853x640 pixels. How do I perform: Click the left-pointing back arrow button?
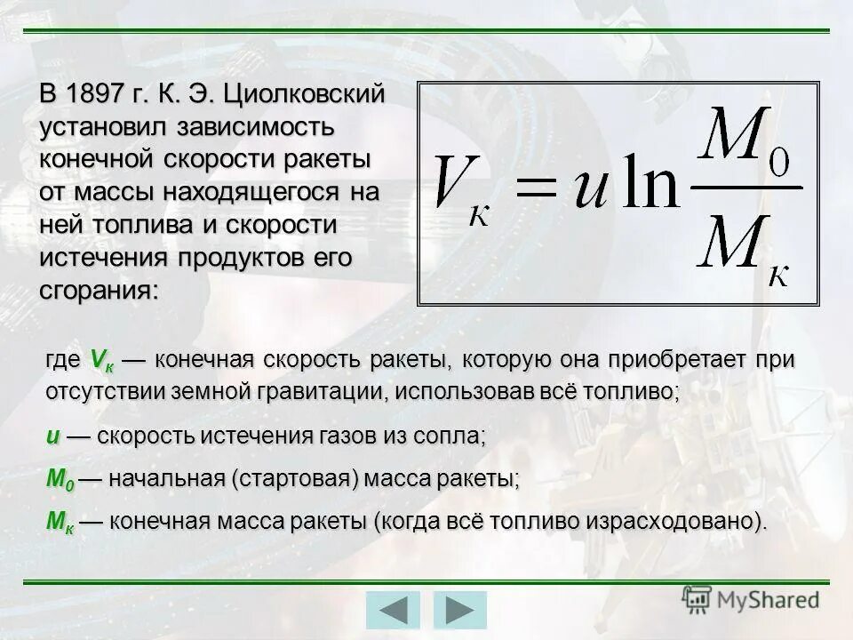click(x=392, y=611)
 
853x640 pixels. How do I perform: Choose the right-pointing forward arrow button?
click(x=459, y=611)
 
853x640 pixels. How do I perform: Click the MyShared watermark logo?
click(x=751, y=600)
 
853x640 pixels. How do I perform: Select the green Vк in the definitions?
click(x=101, y=361)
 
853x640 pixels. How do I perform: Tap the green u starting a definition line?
click(x=53, y=436)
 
